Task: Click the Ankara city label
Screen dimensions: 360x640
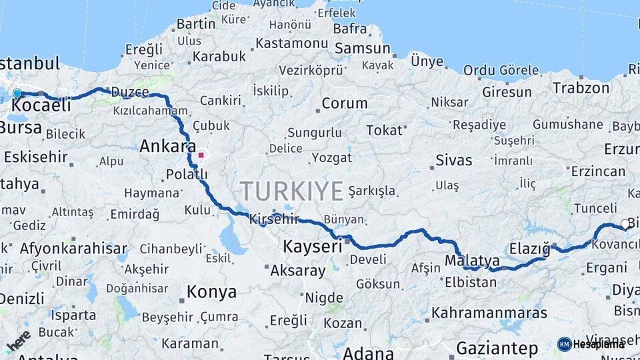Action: pos(167,146)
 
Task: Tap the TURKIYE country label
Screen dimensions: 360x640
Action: pos(292,191)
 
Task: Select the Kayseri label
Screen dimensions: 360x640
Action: pos(313,246)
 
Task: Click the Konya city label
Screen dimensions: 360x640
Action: pos(211,292)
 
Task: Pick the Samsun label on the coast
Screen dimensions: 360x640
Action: pos(363,48)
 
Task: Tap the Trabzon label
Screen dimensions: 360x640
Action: pos(581,87)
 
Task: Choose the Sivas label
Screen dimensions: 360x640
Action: pos(454,160)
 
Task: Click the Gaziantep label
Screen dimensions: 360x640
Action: pos(497,347)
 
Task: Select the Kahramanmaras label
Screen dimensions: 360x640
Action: pos(489,312)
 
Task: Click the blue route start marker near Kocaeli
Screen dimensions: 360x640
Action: pos(17,94)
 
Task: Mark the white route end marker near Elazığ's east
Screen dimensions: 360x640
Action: pos(625,224)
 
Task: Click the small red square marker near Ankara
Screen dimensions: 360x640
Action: pos(201,155)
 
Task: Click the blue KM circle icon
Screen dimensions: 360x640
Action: pos(564,344)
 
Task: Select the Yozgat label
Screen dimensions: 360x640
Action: pos(333,157)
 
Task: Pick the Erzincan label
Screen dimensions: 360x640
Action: pos(598,171)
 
